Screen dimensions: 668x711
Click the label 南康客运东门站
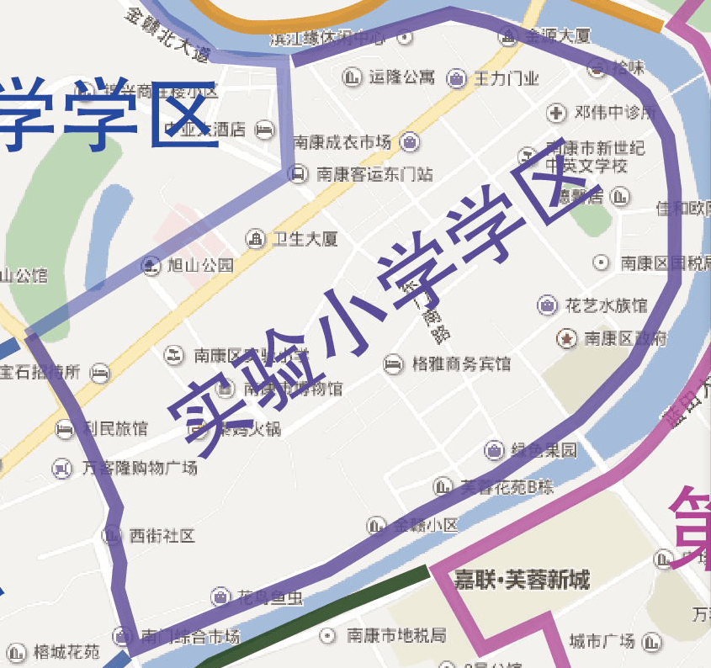pyautogui.click(x=374, y=174)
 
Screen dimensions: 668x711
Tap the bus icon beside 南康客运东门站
pyautogui.click(x=297, y=174)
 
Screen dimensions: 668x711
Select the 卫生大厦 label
pyautogui.click(x=305, y=239)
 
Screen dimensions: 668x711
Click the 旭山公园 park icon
pyautogui.click(x=151, y=266)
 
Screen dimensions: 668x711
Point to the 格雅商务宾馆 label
pyautogui.click(x=461, y=364)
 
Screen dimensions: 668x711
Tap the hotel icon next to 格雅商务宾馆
pyautogui.click(x=392, y=364)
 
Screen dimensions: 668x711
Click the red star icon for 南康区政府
pyautogui.click(x=567, y=338)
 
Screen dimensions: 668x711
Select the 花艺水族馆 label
pyautogui.click(x=606, y=305)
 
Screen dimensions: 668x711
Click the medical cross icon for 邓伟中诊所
pyautogui.click(x=555, y=112)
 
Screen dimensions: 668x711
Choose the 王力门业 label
pyautogui.click(x=506, y=79)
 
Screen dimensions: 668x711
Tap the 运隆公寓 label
pyautogui.click(x=401, y=77)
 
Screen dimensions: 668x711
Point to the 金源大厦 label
pyautogui.click(x=558, y=36)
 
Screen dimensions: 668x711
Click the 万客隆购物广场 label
pyautogui.click(x=139, y=468)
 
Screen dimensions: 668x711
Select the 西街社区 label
pyautogui.click(x=162, y=535)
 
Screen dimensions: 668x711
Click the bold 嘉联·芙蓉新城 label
pyautogui.click(x=522, y=580)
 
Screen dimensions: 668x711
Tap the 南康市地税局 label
pyautogui.click(x=396, y=634)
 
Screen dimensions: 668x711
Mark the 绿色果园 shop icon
pyautogui.click(x=494, y=450)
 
